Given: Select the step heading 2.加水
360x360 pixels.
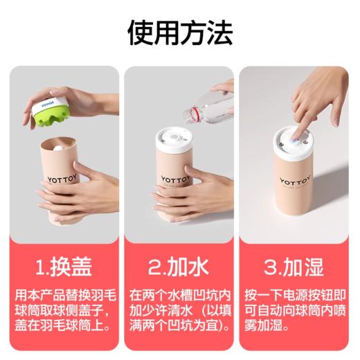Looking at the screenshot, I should point(179,266).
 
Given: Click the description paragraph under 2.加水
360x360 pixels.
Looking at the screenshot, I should point(179,309).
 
